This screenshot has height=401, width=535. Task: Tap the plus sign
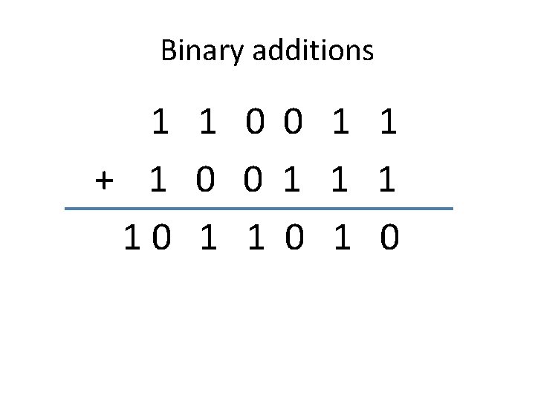point(105,180)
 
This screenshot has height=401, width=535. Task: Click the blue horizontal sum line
point(259,209)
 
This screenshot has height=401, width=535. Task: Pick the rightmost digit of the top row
point(388,123)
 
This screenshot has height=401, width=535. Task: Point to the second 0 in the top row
point(292,123)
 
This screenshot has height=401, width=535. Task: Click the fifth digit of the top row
point(340,123)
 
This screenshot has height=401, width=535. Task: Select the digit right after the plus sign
point(157,180)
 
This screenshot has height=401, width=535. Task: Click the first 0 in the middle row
point(206,180)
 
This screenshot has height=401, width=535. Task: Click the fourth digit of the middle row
point(292,180)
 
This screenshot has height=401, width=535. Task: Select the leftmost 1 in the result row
point(132,238)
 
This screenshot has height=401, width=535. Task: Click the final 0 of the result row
point(389,238)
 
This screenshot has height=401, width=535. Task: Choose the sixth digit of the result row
point(340,238)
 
